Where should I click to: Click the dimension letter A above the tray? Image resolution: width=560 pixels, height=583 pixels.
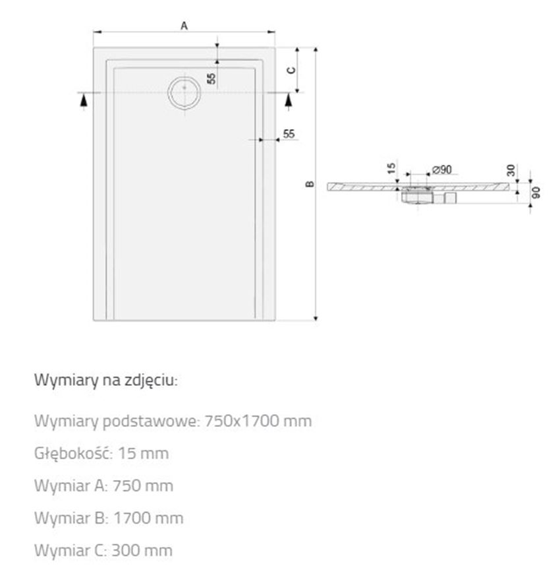click(184, 26)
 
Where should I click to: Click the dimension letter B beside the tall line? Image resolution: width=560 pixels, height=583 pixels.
click(310, 184)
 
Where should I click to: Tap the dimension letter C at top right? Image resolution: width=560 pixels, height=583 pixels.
click(292, 71)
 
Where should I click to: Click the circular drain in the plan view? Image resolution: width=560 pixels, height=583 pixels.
click(184, 92)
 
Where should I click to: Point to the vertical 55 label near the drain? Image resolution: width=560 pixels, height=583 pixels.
click(211, 78)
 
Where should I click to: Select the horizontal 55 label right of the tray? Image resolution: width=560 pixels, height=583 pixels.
click(289, 133)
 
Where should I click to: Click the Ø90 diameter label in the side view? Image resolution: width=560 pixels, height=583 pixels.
click(442, 169)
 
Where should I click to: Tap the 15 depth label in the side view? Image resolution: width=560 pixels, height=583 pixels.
click(391, 168)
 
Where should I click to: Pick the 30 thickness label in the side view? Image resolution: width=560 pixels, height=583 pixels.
click(511, 170)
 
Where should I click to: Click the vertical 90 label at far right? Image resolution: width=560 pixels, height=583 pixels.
click(536, 193)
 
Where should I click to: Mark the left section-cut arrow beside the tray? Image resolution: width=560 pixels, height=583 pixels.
click(84, 100)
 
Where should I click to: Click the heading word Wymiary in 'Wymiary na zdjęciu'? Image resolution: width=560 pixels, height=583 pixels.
click(66, 381)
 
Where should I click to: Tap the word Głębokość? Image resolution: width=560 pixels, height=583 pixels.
click(73, 453)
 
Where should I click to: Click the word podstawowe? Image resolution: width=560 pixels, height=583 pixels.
click(152, 421)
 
